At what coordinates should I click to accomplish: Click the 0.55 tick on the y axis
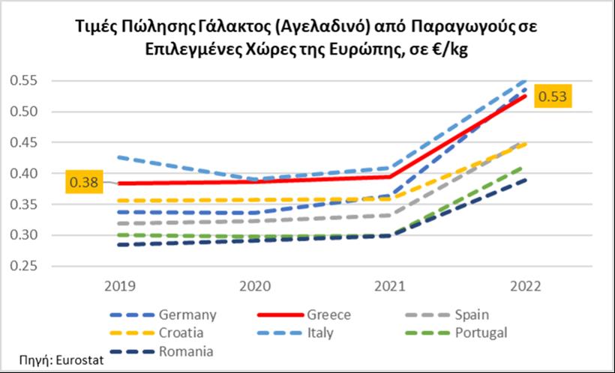tap(27, 81)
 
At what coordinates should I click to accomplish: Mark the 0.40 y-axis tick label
tap(27, 174)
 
